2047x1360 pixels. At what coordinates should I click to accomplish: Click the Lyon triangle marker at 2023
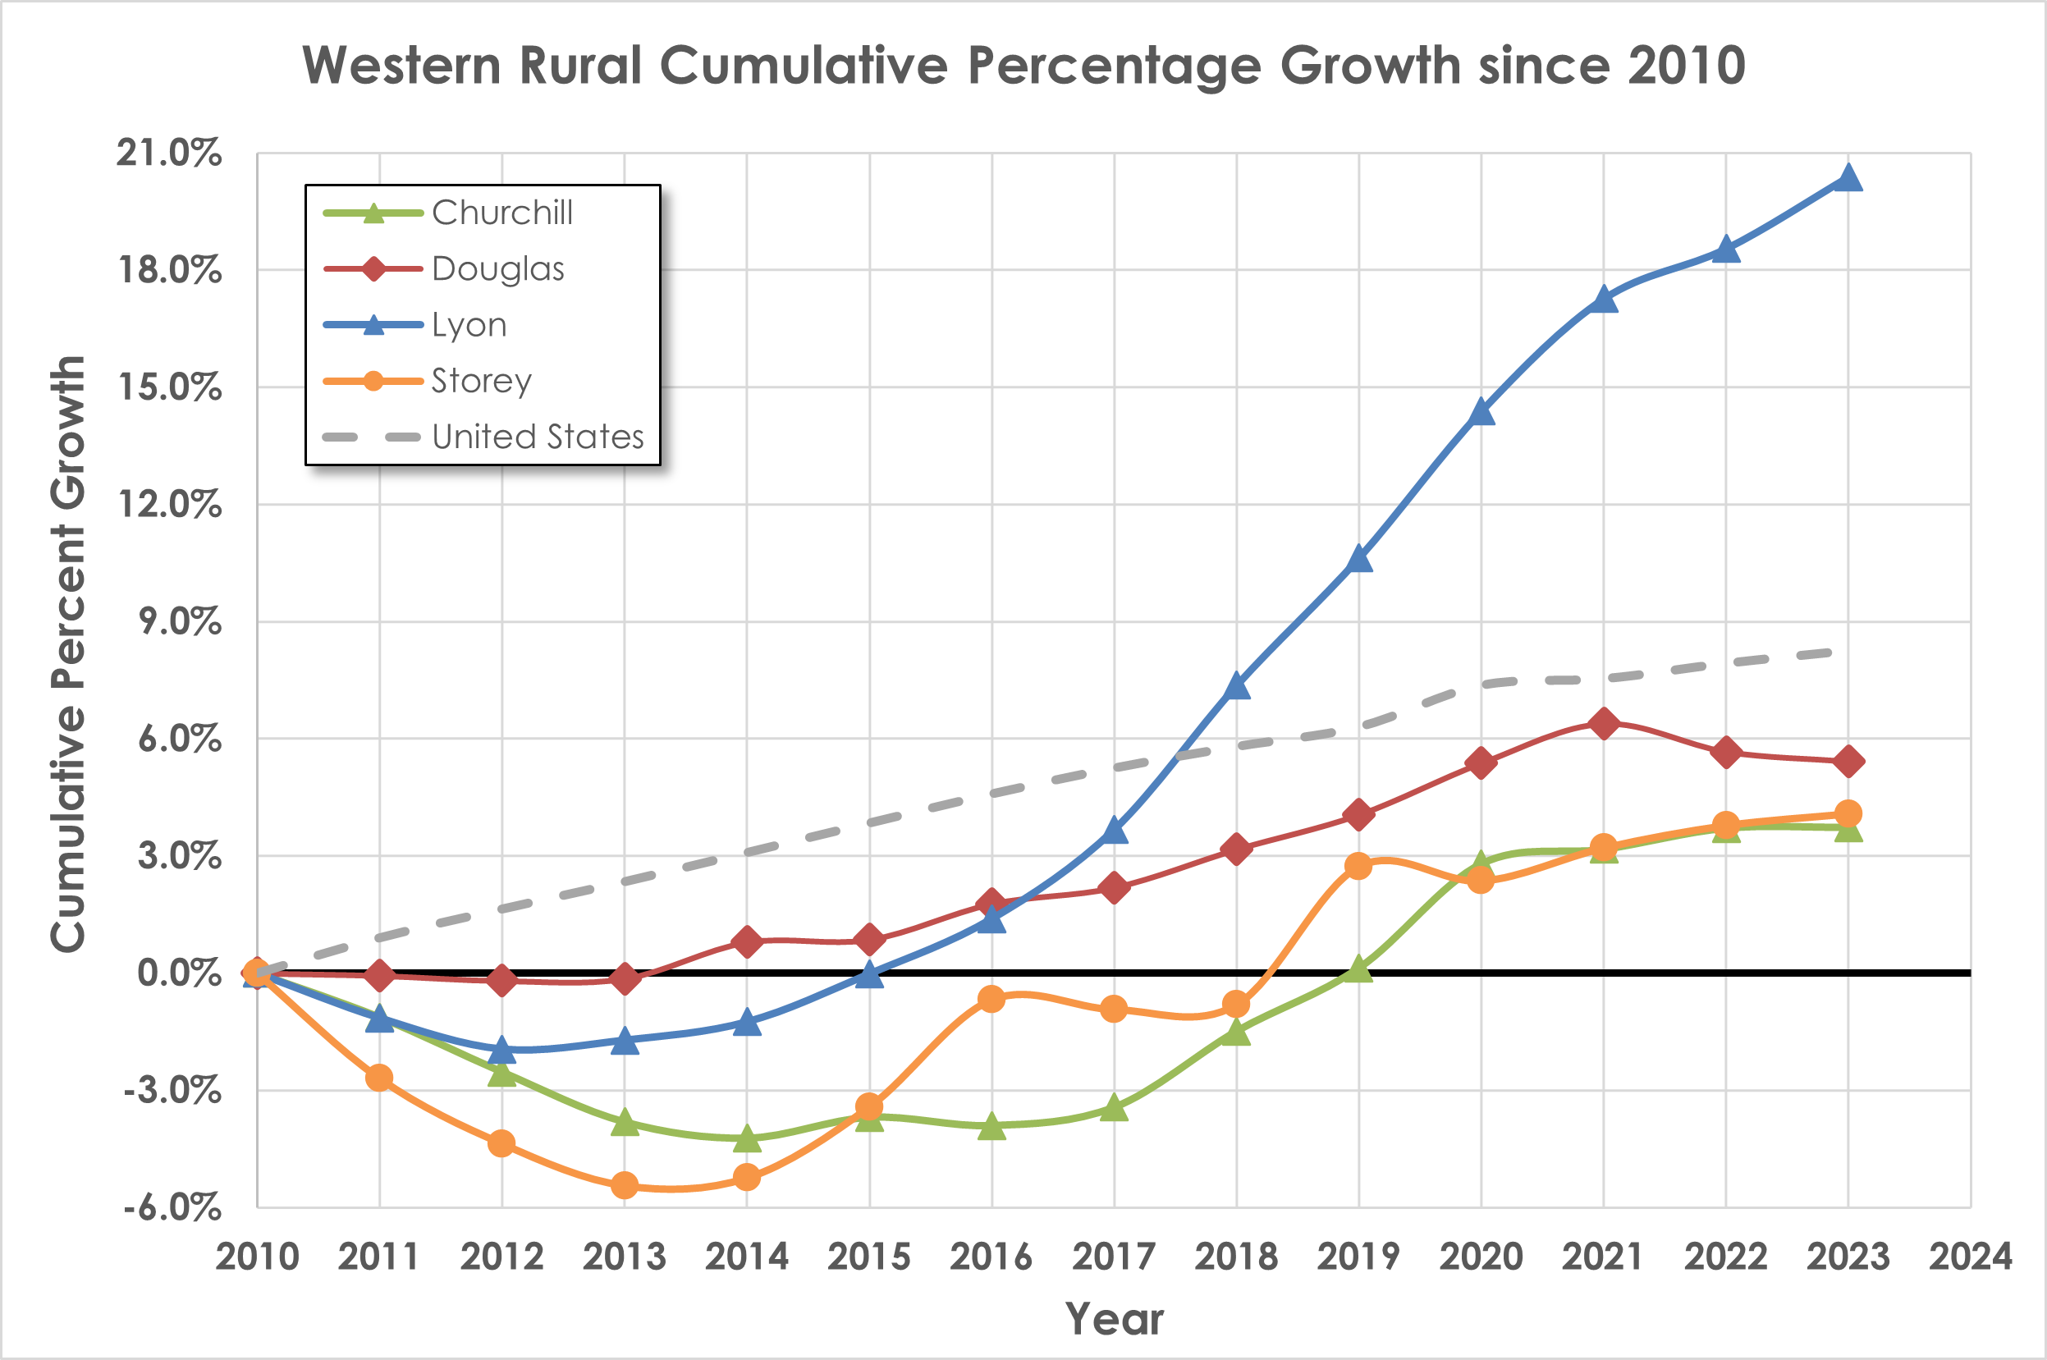1848,179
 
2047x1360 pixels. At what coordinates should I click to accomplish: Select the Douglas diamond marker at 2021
1603,722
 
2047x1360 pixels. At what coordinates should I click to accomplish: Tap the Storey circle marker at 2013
625,1185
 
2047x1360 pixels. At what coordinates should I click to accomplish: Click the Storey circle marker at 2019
1358,866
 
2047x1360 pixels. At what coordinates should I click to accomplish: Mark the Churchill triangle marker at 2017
1114,1109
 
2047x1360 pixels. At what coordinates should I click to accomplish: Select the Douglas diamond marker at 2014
747,941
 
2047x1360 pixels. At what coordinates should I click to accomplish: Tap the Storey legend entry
482,381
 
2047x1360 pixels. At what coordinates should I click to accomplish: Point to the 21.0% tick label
169,153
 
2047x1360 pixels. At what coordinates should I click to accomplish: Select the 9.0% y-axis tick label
180,622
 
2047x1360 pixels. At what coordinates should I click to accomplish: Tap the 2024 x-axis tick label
1970,1256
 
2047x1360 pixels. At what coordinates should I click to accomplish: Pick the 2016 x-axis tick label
991,1256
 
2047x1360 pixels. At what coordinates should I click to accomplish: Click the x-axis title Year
1114,1318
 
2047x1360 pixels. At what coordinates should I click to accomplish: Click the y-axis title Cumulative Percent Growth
67,654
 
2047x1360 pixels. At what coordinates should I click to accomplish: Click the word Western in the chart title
401,65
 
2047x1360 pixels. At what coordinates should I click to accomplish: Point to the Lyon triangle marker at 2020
1481,412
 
